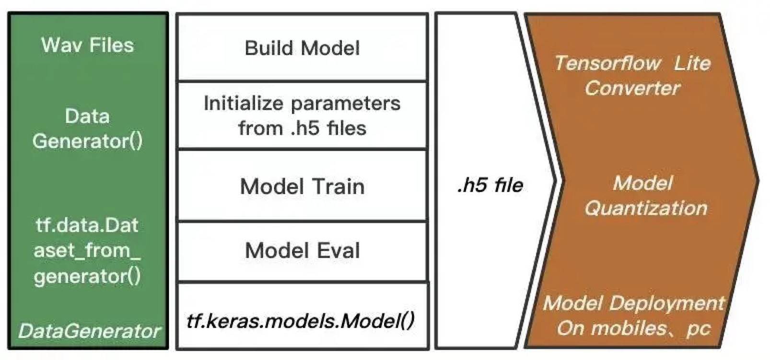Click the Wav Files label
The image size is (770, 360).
[x=87, y=45]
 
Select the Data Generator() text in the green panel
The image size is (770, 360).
[x=87, y=128]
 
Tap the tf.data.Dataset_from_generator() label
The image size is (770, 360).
[x=87, y=250]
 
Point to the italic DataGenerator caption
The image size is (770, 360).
[x=89, y=331]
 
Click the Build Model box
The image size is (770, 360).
[x=302, y=48]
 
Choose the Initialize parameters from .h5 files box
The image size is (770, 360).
[x=302, y=116]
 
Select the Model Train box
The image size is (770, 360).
[x=302, y=186]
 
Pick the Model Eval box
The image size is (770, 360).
[x=302, y=250]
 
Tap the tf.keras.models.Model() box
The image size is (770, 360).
[x=301, y=320]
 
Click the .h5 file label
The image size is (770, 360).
[x=490, y=185]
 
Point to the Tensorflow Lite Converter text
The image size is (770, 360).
[x=632, y=75]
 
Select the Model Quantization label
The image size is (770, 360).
[x=645, y=195]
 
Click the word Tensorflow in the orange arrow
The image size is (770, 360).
[x=607, y=63]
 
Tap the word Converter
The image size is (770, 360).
[x=632, y=88]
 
